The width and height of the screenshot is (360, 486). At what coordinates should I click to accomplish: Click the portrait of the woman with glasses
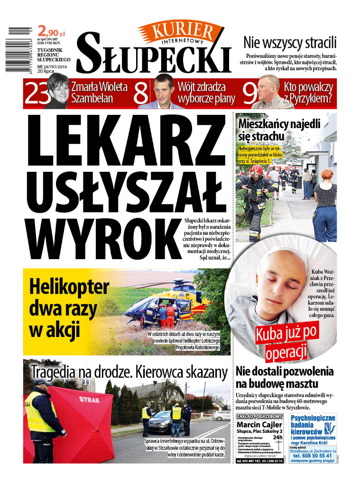56,91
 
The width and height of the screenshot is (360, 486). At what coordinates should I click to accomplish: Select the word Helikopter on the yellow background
69,288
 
